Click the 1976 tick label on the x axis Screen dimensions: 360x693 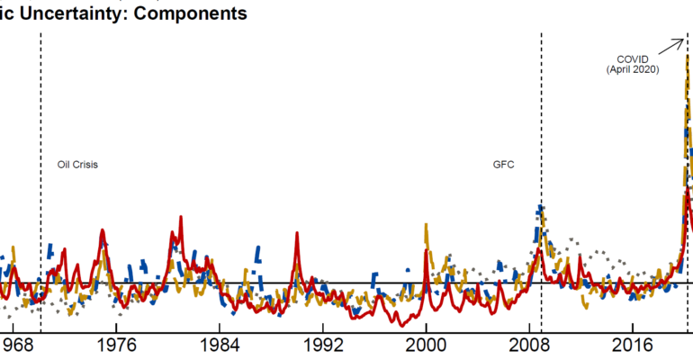118,345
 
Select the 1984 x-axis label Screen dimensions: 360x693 221,345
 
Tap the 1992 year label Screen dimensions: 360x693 324,345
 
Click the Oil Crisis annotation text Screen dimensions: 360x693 77,165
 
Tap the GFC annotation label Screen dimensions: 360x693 504,165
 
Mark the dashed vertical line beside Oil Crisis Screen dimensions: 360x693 40,135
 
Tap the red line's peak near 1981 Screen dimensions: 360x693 181,218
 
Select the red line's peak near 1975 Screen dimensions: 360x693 103,230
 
